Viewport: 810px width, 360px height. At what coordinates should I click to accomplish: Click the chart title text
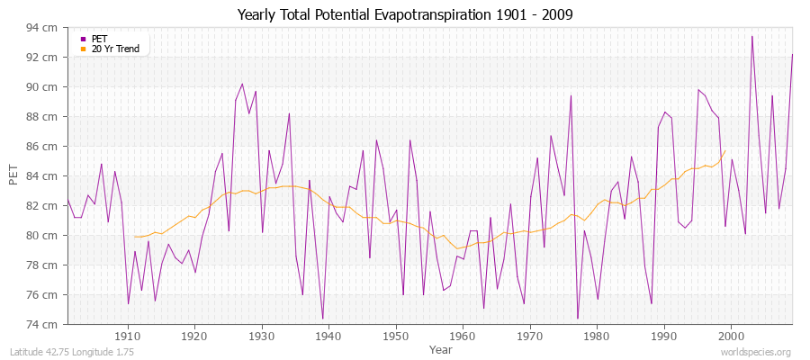point(404,14)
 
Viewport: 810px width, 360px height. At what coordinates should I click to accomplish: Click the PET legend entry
point(93,39)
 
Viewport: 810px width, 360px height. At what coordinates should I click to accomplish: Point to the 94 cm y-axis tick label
point(43,28)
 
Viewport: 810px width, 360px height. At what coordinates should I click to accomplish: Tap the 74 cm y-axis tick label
point(43,324)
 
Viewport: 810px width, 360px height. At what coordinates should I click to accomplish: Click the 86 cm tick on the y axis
point(43,147)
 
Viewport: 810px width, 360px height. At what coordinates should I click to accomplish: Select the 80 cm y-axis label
point(43,235)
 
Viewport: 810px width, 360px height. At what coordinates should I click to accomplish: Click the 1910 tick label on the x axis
point(127,335)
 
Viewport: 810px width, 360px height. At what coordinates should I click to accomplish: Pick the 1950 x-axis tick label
point(395,335)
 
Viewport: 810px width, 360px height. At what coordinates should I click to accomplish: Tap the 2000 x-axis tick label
point(731,335)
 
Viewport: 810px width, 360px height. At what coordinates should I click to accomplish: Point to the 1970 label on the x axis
point(529,335)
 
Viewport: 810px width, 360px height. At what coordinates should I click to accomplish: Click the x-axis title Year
point(440,348)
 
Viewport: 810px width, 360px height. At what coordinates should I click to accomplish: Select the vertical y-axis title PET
point(13,175)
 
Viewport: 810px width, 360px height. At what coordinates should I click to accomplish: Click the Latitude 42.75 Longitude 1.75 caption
point(72,352)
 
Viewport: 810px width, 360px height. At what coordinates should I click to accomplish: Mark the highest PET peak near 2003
point(751,36)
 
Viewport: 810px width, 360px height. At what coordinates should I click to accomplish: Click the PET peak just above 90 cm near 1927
point(242,84)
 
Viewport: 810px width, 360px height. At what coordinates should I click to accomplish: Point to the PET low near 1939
point(322,319)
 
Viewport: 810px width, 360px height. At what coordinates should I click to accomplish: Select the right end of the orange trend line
point(724,151)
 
